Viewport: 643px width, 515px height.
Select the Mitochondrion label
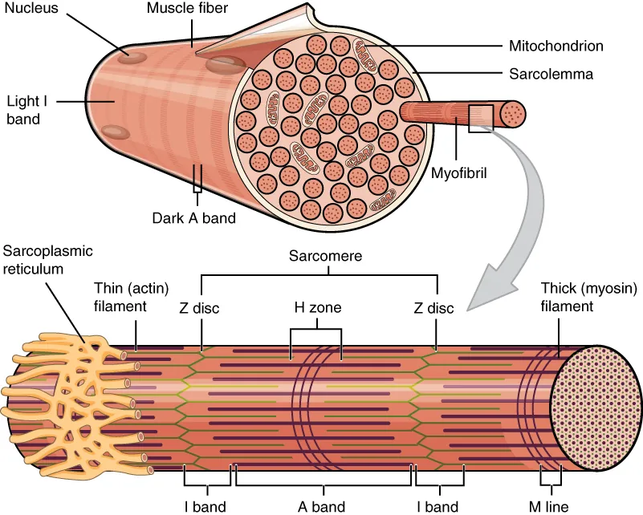click(x=556, y=46)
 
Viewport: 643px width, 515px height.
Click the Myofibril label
click(x=460, y=172)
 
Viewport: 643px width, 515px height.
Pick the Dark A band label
click(x=193, y=217)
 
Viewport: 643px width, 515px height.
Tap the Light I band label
click(x=24, y=111)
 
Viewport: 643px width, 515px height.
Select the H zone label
click(x=315, y=308)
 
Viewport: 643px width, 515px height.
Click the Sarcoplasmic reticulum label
click(x=47, y=260)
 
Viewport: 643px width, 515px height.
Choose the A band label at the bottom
click(x=323, y=505)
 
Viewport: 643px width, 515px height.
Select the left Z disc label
click(x=201, y=308)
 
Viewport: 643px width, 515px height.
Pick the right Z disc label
click(x=433, y=308)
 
